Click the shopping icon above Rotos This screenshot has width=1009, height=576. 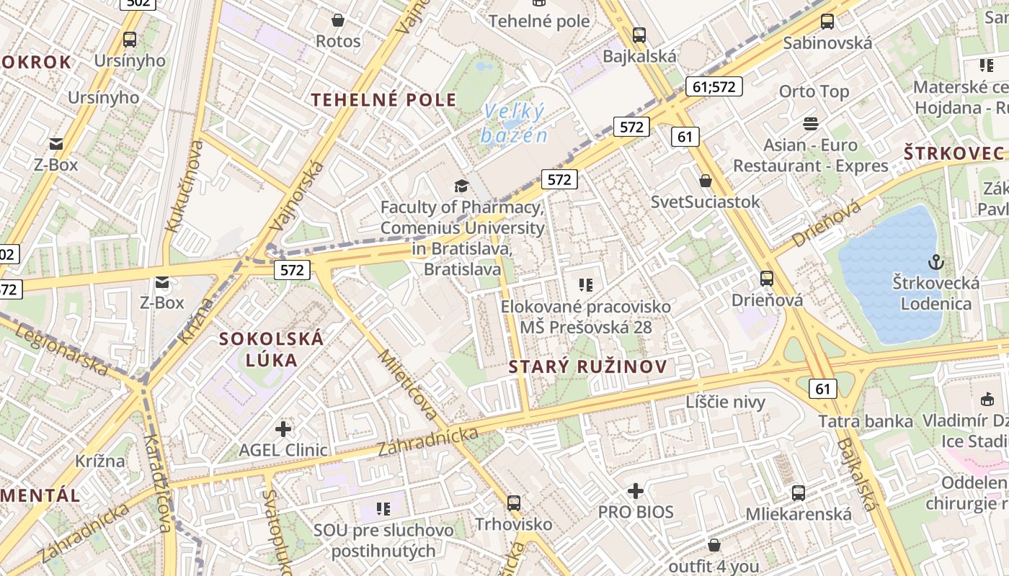point(337,20)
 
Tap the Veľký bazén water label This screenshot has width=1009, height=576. point(515,123)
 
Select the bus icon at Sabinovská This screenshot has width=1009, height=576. point(827,22)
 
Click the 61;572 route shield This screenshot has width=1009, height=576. point(713,87)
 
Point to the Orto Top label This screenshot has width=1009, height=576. point(814,91)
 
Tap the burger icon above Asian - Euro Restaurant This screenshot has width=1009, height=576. point(811,124)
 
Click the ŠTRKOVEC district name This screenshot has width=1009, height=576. point(954,153)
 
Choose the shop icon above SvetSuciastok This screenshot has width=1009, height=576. point(706,181)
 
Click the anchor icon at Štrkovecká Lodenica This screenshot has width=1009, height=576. point(936,261)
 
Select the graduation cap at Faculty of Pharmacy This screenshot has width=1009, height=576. point(461,186)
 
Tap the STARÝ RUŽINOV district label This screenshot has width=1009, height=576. point(588,366)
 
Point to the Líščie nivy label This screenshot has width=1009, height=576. point(725,402)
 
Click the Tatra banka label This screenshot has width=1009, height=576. point(866,420)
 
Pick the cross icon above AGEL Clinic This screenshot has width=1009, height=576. point(283,429)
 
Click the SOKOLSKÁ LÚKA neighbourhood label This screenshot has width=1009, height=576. point(272,348)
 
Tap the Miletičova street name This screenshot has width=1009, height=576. point(408,385)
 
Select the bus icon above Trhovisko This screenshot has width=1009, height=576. point(513,503)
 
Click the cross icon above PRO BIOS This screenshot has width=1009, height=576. point(635,491)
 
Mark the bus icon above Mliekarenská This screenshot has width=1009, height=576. point(798,493)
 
